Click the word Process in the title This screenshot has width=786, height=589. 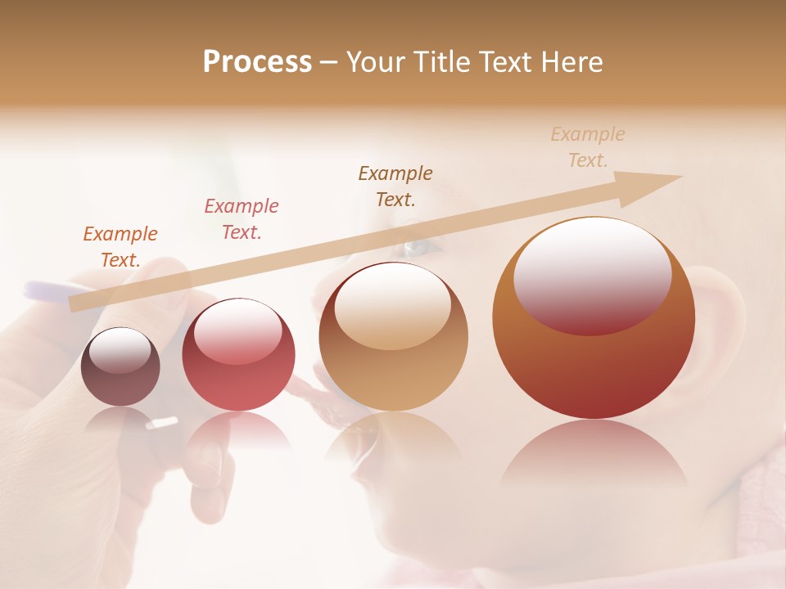coord(257,62)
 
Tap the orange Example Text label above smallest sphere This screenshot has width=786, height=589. coord(120,246)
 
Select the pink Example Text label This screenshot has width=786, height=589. coord(241,218)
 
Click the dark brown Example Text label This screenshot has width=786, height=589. coord(395,186)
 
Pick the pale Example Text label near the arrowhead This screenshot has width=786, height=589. coord(587,146)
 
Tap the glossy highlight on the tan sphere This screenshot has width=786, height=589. coord(392,304)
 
